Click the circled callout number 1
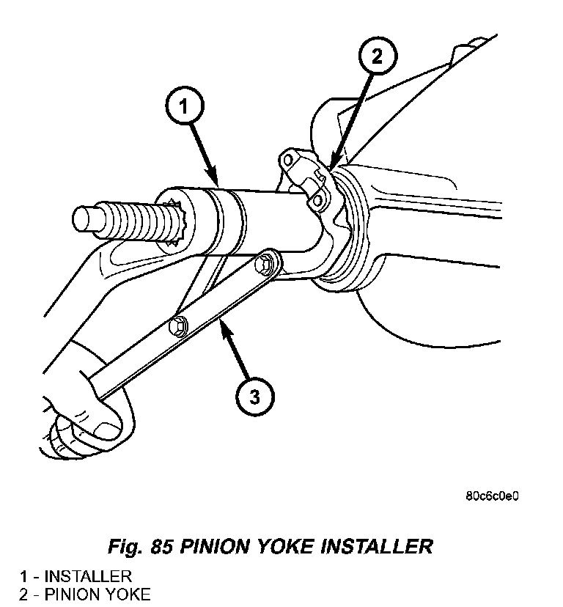click(x=184, y=105)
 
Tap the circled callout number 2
click(x=377, y=56)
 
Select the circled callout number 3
click(x=255, y=397)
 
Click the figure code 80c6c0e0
click(x=492, y=496)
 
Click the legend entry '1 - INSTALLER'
click(x=76, y=576)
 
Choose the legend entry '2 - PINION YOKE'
click(x=85, y=595)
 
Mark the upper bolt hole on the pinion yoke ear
click(x=287, y=159)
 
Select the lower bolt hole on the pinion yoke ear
click(x=317, y=201)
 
